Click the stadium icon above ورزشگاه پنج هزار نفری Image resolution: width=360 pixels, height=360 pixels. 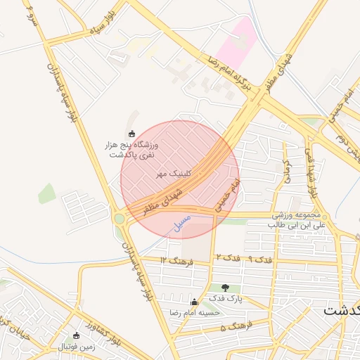131,134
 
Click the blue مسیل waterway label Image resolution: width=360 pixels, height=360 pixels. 181,222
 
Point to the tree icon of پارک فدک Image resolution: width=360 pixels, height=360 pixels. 225,287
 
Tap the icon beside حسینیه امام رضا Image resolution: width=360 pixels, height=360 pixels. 195,302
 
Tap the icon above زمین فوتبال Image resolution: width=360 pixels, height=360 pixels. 77,335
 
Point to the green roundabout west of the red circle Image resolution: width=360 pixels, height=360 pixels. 120,219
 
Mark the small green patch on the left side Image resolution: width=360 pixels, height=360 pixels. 46,193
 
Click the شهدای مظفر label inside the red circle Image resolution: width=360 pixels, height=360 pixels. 164,200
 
